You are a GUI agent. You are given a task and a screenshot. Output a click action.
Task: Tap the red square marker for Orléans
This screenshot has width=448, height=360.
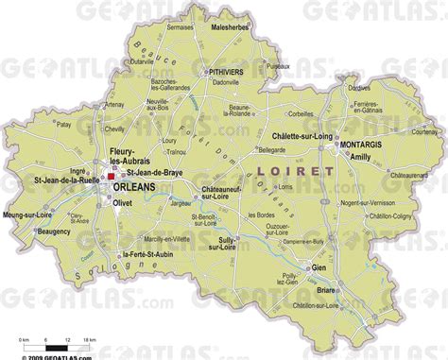pos(111,176)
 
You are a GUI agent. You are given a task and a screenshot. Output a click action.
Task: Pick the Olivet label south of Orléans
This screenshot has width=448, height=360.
pos(126,201)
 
